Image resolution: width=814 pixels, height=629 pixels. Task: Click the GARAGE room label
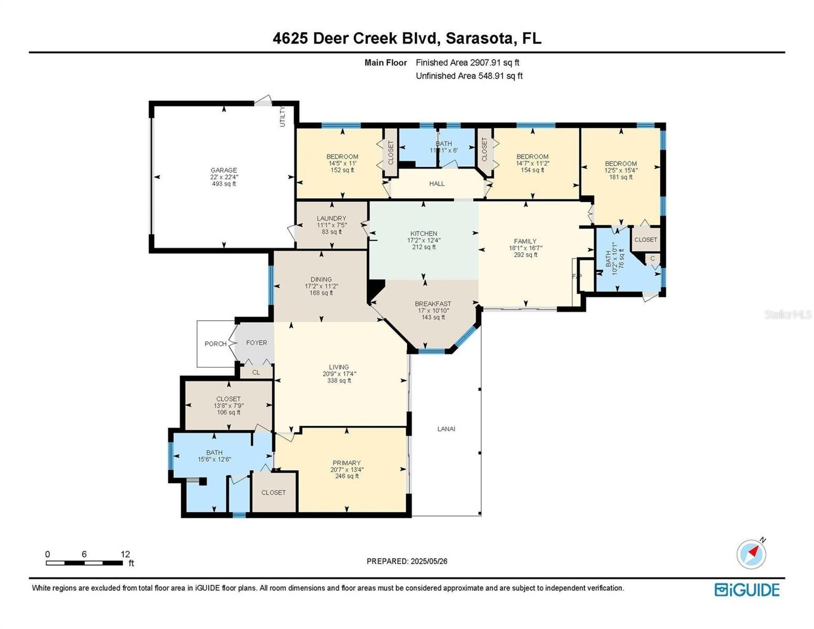coord(224,170)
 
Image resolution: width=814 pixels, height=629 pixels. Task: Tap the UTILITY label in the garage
coord(283,116)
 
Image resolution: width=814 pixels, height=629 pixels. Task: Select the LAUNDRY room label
coord(331,218)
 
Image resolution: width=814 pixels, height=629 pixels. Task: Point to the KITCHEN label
coord(424,233)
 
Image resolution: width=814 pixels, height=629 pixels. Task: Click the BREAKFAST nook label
coord(432,303)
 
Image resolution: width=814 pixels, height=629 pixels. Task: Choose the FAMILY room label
coord(525,241)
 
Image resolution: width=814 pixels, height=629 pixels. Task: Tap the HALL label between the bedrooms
coord(437,183)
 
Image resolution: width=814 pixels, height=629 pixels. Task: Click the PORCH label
coord(215,343)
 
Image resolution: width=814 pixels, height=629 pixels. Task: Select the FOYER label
coord(257,342)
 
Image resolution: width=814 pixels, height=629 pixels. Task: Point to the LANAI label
coord(446,429)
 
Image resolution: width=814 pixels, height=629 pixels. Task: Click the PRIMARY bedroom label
coord(346,463)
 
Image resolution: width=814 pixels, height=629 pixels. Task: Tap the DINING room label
coord(321,279)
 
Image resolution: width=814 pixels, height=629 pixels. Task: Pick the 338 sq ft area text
coord(339,381)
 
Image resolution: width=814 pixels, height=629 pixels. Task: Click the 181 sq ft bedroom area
coord(621,177)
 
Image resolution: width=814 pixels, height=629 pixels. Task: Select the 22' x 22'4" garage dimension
coord(224,177)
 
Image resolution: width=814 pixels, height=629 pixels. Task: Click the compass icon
coord(751,554)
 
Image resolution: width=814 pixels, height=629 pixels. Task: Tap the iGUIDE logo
coord(747,590)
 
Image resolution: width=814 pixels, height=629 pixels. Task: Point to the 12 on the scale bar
coord(125,554)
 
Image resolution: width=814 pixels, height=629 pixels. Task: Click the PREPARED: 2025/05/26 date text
coord(407,561)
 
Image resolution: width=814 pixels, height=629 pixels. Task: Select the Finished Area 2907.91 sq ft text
coord(468,62)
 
